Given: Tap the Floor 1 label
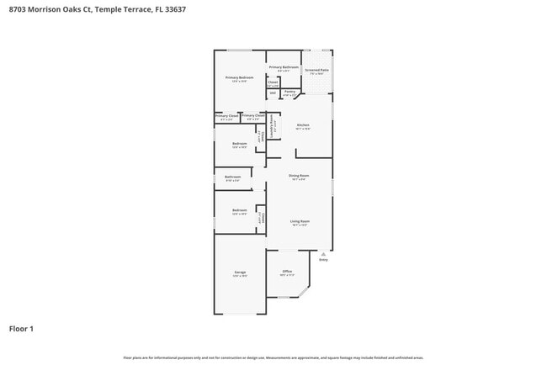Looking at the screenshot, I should coord(21,328).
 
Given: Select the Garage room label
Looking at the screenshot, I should coord(239,272).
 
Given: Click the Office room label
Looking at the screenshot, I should coord(287,271).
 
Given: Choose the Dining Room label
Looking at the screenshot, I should coord(299,175).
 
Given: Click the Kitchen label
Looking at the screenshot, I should coord(302,125).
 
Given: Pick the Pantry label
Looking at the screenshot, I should coord(289,91).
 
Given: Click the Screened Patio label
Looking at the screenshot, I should coord(317,70).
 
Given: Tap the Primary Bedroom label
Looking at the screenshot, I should coord(239,77).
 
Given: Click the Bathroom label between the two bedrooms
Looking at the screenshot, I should coord(232,177).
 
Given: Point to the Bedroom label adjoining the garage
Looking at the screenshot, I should coord(239,210).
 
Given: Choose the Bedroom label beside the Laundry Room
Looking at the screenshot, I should coord(239,143).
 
